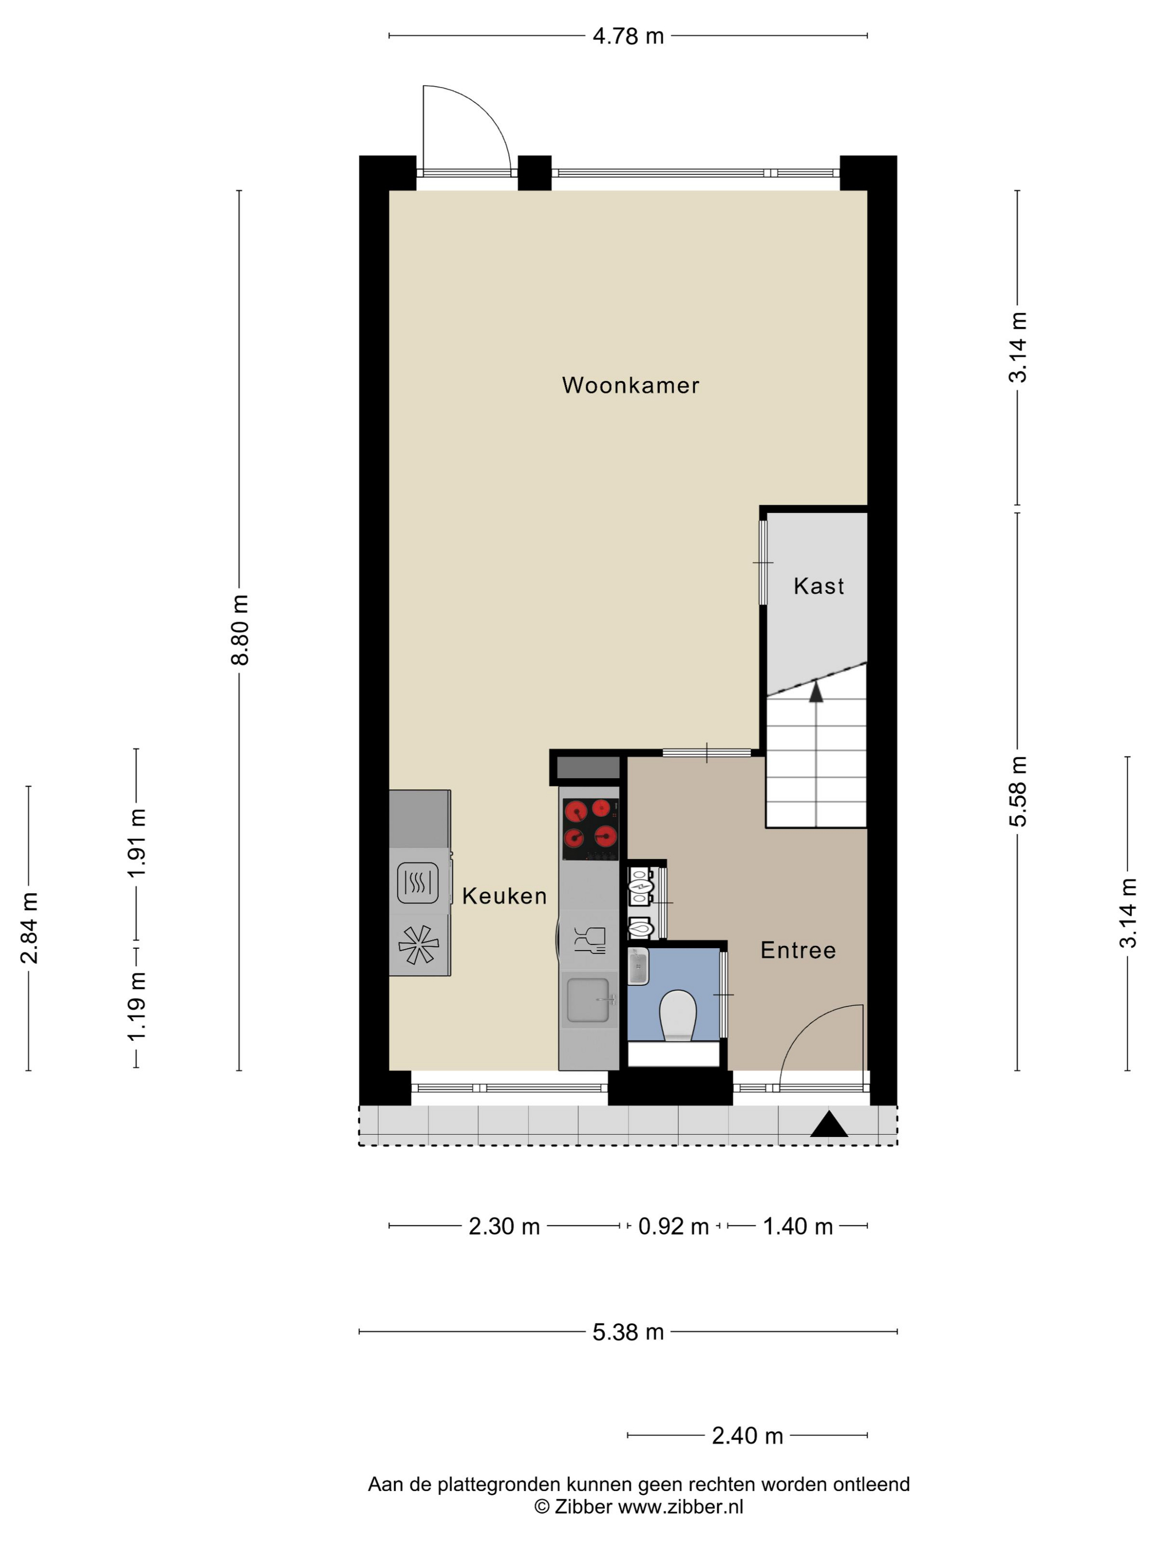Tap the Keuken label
[x=504, y=896]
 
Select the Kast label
[x=819, y=586]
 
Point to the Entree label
[x=798, y=950]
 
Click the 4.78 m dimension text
[x=628, y=36]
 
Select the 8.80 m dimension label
[x=239, y=630]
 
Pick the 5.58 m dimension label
[x=1018, y=791]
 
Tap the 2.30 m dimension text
[x=504, y=1226]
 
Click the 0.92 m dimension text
[x=673, y=1226]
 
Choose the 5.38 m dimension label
[x=628, y=1332]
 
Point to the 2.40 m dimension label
[x=747, y=1436]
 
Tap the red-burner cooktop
[x=590, y=829]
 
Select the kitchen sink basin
[x=587, y=1001]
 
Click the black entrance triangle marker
[x=828, y=1124]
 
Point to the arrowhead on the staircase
[x=816, y=691]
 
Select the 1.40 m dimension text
[x=798, y=1226]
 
